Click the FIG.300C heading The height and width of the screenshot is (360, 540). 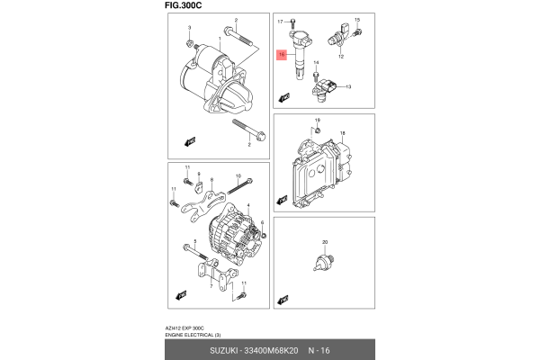[184, 5]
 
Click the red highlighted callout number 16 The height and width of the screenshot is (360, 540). [282, 55]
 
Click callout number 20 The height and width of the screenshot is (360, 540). [325, 242]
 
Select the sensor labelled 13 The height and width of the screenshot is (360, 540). [328, 89]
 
